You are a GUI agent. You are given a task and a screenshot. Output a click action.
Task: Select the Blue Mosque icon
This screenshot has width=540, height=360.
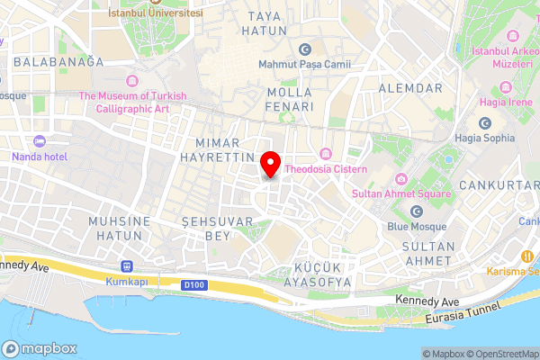click(416, 211)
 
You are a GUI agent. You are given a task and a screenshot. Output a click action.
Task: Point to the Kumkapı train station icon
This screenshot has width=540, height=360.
click(125, 266)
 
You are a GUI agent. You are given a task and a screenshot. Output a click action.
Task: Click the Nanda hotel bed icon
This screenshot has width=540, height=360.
click(38, 141)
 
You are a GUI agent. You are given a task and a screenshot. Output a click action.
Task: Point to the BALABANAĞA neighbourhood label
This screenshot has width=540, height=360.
click(58, 61)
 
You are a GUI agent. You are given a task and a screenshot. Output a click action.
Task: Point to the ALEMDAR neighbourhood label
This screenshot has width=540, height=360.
click(410, 88)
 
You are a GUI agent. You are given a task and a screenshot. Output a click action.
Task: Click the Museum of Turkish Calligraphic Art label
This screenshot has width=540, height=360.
click(132, 103)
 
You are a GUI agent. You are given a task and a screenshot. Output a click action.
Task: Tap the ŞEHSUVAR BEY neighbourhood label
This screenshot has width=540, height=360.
click(206, 228)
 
